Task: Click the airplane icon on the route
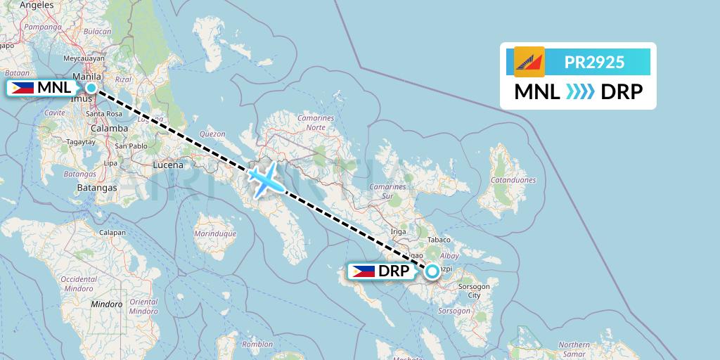pos(265,179)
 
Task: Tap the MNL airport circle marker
pos(91,88)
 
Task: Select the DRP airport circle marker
pos(432,270)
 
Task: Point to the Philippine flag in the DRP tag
pos(364,271)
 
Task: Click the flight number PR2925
pos(594,62)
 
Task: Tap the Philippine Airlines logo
pos(529,62)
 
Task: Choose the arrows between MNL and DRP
pos(581,92)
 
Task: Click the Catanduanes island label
pos(514,180)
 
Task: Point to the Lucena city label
pos(168,165)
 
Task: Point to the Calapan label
pos(112,233)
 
